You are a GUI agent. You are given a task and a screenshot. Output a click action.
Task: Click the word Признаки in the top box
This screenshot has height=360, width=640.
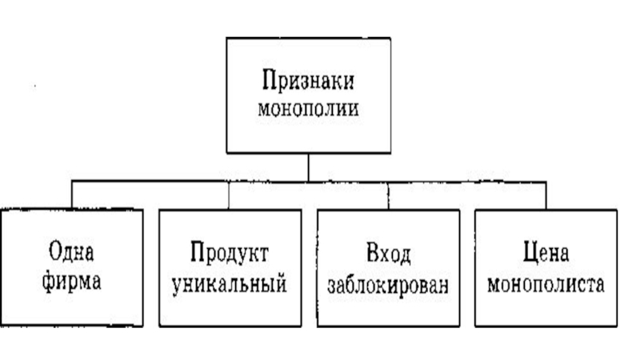tap(308, 81)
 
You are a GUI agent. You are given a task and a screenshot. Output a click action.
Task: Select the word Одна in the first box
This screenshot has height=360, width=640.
tap(72, 255)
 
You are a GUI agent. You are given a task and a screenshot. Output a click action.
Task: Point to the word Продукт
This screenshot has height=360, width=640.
tap(230, 255)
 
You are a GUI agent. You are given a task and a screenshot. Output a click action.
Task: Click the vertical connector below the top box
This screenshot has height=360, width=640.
tap(308, 166)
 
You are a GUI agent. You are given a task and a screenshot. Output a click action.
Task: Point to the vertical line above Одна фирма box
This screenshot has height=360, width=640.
tap(72, 194)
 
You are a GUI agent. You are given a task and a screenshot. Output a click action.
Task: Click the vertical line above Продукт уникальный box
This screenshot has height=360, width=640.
tap(230, 194)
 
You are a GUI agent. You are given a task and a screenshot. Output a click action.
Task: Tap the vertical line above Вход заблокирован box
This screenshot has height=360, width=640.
tap(388, 194)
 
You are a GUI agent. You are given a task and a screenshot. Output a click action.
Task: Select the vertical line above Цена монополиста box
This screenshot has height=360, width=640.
tap(546, 194)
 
